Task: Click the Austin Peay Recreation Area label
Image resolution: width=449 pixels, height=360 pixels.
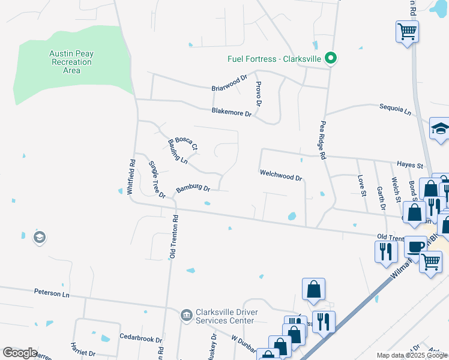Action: [71, 62]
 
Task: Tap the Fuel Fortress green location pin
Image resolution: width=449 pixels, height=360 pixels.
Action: [330, 58]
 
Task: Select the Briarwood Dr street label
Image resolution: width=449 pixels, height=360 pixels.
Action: [229, 83]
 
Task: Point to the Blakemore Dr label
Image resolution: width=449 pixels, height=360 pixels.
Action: [231, 112]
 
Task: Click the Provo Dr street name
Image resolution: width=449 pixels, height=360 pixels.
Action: [259, 94]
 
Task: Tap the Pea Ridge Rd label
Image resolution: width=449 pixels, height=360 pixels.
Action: [322, 140]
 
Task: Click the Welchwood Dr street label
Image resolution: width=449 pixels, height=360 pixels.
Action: [280, 175]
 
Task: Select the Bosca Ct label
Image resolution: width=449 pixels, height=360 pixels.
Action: [186, 143]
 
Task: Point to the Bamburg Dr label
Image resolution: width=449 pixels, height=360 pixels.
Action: [193, 190]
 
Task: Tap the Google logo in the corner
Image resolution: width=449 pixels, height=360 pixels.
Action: [20, 353]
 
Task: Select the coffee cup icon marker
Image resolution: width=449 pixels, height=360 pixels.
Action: [415, 247]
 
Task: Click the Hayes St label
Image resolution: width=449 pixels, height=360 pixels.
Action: [410, 165]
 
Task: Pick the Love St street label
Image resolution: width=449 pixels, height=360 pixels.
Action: [362, 185]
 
